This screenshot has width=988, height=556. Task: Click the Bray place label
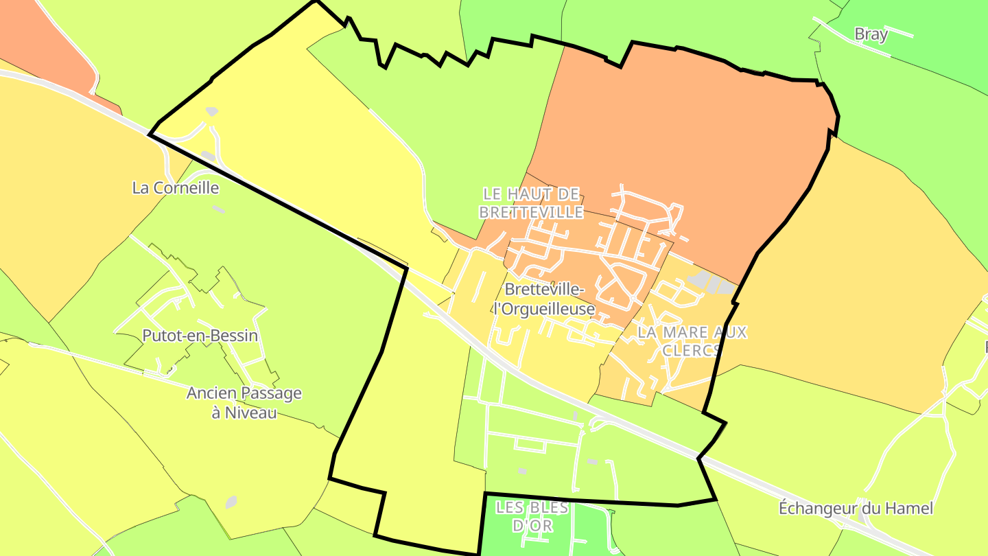coord(871,34)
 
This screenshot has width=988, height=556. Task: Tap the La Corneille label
coord(175,187)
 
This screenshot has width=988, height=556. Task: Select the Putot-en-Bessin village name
coord(200,336)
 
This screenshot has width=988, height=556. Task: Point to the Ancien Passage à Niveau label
coord(244,403)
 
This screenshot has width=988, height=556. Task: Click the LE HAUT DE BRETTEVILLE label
coord(531,203)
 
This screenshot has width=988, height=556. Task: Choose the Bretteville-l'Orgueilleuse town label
coord(544,299)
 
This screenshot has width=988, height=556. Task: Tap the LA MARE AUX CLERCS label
coord(692,341)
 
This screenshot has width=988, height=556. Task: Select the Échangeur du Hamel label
coord(856,509)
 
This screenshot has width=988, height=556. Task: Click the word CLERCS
coord(692,350)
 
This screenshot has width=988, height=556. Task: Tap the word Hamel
coord(910,509)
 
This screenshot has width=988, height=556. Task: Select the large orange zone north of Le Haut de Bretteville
coord(686,137)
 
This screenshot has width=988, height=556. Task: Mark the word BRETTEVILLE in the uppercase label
coord(531,213)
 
